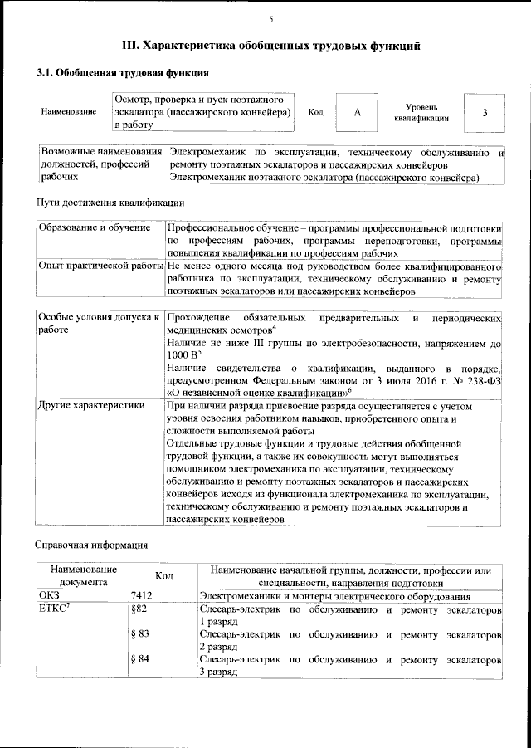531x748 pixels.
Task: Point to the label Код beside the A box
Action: [315, 113]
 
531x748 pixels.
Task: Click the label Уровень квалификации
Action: [421, 113]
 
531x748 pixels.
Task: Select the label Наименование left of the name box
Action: [68, 113]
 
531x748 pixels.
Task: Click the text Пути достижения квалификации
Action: [110, 202]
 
